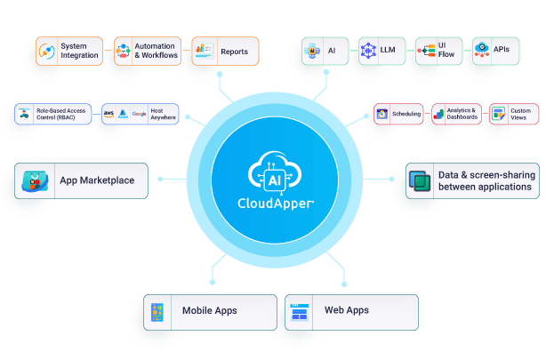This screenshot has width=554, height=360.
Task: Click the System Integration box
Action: [71, 51]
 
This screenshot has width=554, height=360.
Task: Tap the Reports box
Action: [225, 51]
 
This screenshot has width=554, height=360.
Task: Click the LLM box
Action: [377, 51]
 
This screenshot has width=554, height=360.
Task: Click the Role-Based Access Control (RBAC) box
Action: [55, 115]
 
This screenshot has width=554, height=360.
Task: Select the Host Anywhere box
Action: [140, 115]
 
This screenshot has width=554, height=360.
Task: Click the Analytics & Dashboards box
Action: [454, 114]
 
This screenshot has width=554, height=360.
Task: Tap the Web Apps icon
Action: [298, 312]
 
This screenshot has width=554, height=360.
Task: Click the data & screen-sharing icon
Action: [419, 181]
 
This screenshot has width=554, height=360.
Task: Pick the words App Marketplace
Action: [97, 181]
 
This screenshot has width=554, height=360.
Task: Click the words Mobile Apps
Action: [215, 311]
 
